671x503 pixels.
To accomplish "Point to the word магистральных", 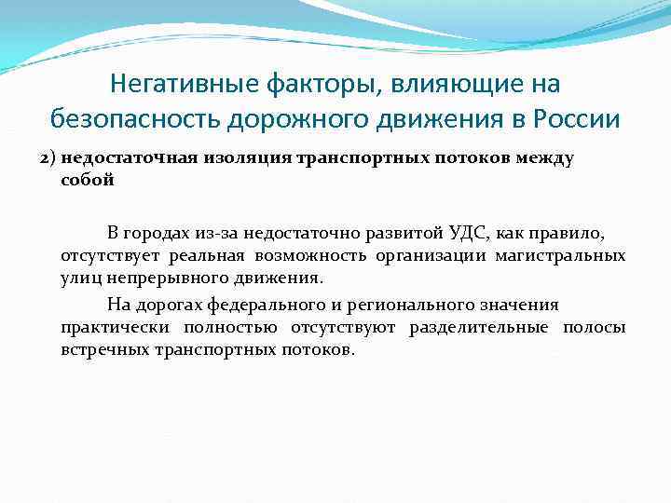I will (x=565, y=255).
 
